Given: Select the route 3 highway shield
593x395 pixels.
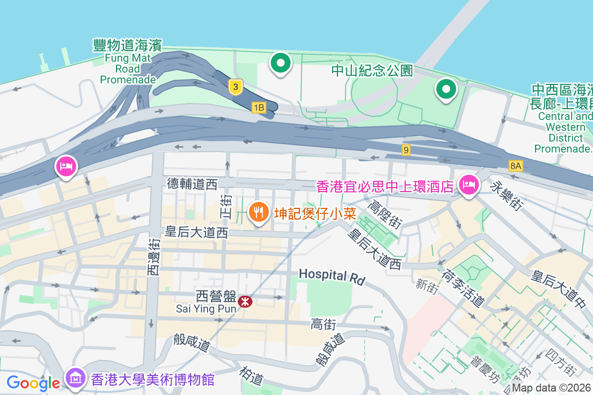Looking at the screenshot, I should click(x=236, y=87).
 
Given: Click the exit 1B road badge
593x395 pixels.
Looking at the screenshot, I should click(x=258, y=107).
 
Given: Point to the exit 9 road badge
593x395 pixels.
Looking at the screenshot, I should click(x=406, y=150).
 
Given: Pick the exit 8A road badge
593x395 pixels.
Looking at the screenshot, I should click(x=515, y=165).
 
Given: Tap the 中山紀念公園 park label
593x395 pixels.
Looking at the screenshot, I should click(x=372, y=71).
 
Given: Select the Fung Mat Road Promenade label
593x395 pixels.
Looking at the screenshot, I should click(x=127, y=62).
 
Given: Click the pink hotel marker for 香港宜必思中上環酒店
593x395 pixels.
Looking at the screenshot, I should click(x=467, y=185).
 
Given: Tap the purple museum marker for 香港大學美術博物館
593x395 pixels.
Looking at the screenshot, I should click(x=76, y=379).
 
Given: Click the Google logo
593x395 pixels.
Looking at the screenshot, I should click(x=33, y=383).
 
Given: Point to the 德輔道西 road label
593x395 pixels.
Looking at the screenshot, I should click(x=192, y=185).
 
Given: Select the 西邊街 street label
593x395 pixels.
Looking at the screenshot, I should click(x=153, y=256).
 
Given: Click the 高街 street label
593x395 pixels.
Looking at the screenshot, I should click(x=324, y=324).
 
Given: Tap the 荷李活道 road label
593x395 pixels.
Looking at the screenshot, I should click(x=463, y=287).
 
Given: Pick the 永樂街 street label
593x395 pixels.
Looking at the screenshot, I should click(x=507, y=194).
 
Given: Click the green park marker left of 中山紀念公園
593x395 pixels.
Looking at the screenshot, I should click(x=281, y=64).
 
